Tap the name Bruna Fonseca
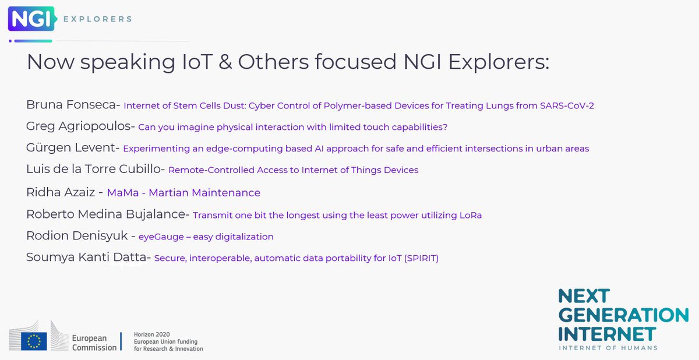72,105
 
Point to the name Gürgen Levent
72,148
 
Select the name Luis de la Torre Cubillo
96,170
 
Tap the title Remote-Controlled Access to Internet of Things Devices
293,170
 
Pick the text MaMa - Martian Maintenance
183,192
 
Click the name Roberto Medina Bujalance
106,214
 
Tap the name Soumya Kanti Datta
87,257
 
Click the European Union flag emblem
34,340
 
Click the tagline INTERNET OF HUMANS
608,348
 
